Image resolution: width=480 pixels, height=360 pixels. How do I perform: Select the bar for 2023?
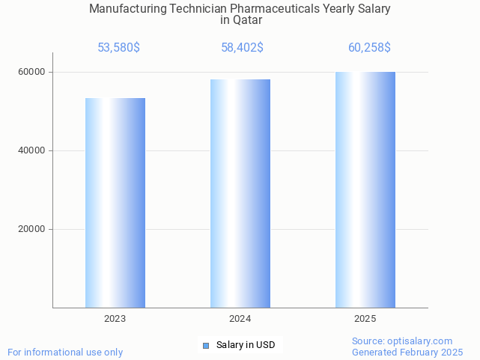click(x=115, y=203)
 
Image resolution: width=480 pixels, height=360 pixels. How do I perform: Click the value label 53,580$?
click(x=118, y=48)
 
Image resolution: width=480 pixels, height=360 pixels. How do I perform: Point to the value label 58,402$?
click(x=242, y=48)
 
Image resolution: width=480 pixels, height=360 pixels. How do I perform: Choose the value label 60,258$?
click(x=369, y=48)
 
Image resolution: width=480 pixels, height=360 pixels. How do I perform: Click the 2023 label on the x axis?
click(x=115, y=319)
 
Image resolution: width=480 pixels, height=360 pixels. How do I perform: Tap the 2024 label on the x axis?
click(x=240, y=319)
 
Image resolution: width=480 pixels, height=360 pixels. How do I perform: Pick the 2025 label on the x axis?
click(x=365, y=319)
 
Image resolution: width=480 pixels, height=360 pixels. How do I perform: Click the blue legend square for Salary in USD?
click(x=206, y=345)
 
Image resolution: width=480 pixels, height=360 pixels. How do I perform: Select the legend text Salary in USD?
click(x=246, y=345)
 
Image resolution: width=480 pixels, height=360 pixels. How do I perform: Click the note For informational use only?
click(x=65, y=352)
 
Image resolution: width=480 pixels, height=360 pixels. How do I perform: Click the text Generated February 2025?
click(x=407, y=352)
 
